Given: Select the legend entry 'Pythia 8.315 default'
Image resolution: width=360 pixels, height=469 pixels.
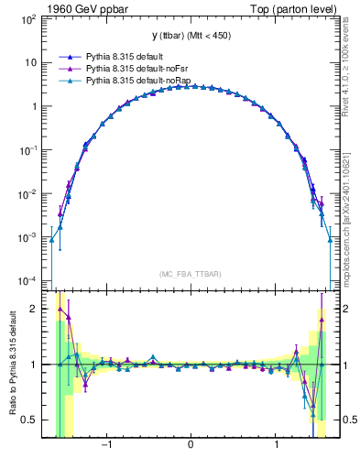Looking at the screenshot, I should [x=126, y=56].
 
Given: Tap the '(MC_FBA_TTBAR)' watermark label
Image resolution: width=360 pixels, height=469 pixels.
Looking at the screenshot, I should [x=191, y=274].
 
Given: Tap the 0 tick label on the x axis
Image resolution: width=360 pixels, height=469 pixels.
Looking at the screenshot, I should [x=191, y=446].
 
